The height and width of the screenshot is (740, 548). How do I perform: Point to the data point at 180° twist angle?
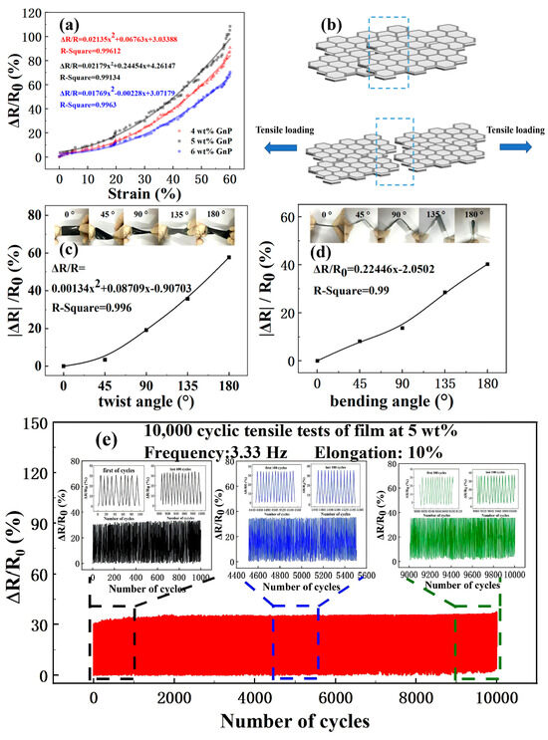(228, 257)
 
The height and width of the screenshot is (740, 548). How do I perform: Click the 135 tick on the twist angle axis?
(187, 382)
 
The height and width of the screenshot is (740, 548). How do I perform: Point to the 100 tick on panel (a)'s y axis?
(42, 37)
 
